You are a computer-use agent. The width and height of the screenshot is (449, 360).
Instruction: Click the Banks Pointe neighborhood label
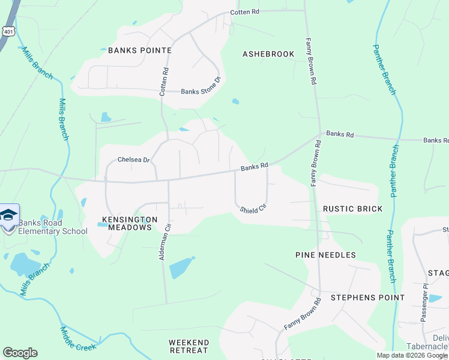(140, 50)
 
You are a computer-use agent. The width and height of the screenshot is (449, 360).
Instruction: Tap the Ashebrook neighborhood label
(268, 54)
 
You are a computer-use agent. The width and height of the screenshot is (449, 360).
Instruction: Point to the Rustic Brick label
(352, 209)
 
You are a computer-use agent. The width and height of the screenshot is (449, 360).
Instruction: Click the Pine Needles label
(325, 255)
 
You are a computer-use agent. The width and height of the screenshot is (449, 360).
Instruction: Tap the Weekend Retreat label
(188, 346)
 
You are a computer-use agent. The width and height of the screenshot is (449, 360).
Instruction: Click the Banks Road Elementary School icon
(9, 215)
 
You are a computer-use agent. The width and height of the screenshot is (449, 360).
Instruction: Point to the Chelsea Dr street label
(132, 160)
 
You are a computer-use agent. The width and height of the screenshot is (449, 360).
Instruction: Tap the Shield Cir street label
(253, 210)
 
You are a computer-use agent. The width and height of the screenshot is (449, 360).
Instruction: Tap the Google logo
(20, 353)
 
